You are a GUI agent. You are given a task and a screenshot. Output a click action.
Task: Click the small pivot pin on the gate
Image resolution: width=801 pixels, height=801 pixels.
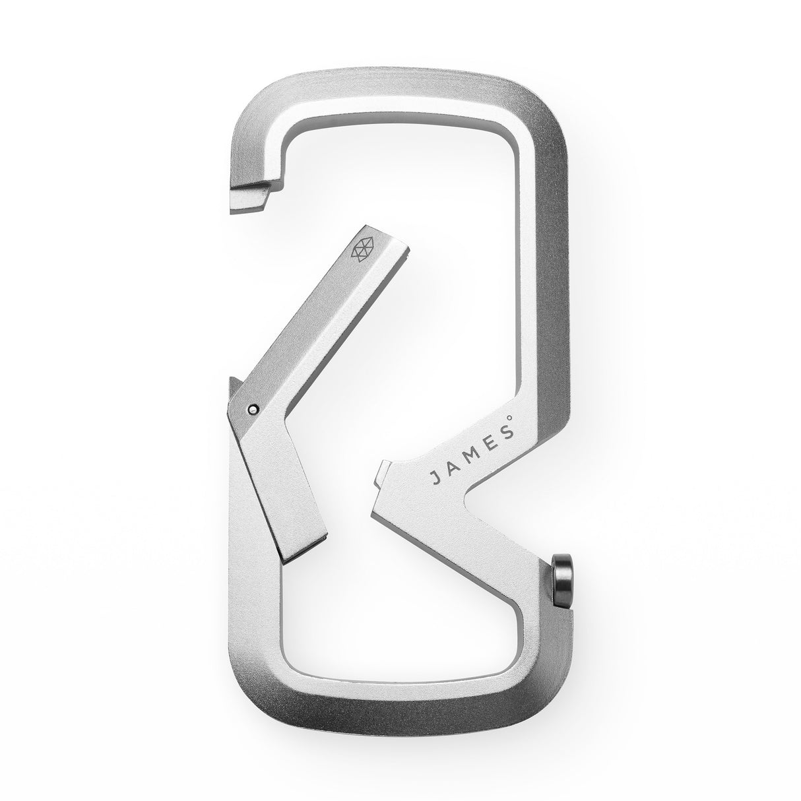(x=253, y=409)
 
